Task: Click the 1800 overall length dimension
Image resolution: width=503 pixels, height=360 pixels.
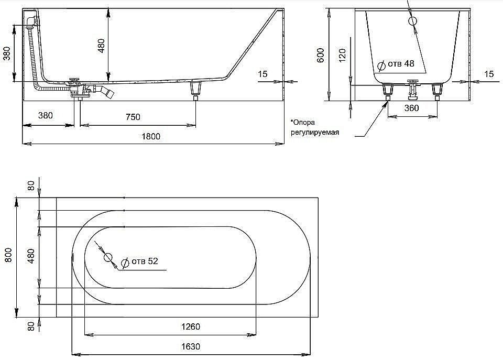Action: [x=151, y=136]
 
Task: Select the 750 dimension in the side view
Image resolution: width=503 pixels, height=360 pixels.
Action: [x=133, y=117]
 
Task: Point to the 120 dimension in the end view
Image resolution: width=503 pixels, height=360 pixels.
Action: [x=342, y=56]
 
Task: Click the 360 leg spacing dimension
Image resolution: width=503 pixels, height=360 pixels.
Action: [x=412, y=108]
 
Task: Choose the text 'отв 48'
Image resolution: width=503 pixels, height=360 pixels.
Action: [x=401, y=64]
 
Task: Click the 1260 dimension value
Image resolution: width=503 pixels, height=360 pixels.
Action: [x=190, y=326]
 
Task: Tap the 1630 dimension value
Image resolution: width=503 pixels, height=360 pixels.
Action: [x=190, y=346]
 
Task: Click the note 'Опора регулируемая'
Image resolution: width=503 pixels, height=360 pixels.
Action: [x=314, y=127]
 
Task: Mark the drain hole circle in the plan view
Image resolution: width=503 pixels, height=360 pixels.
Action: [x=108, y=257]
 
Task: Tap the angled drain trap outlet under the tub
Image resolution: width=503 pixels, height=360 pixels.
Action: [x=108, y=93]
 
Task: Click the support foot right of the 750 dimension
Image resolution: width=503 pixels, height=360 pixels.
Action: [x=196, y=89]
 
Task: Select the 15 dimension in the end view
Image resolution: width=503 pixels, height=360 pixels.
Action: [x=488, y=74]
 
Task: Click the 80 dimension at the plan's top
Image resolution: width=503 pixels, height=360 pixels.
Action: [x=31, y=186]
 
